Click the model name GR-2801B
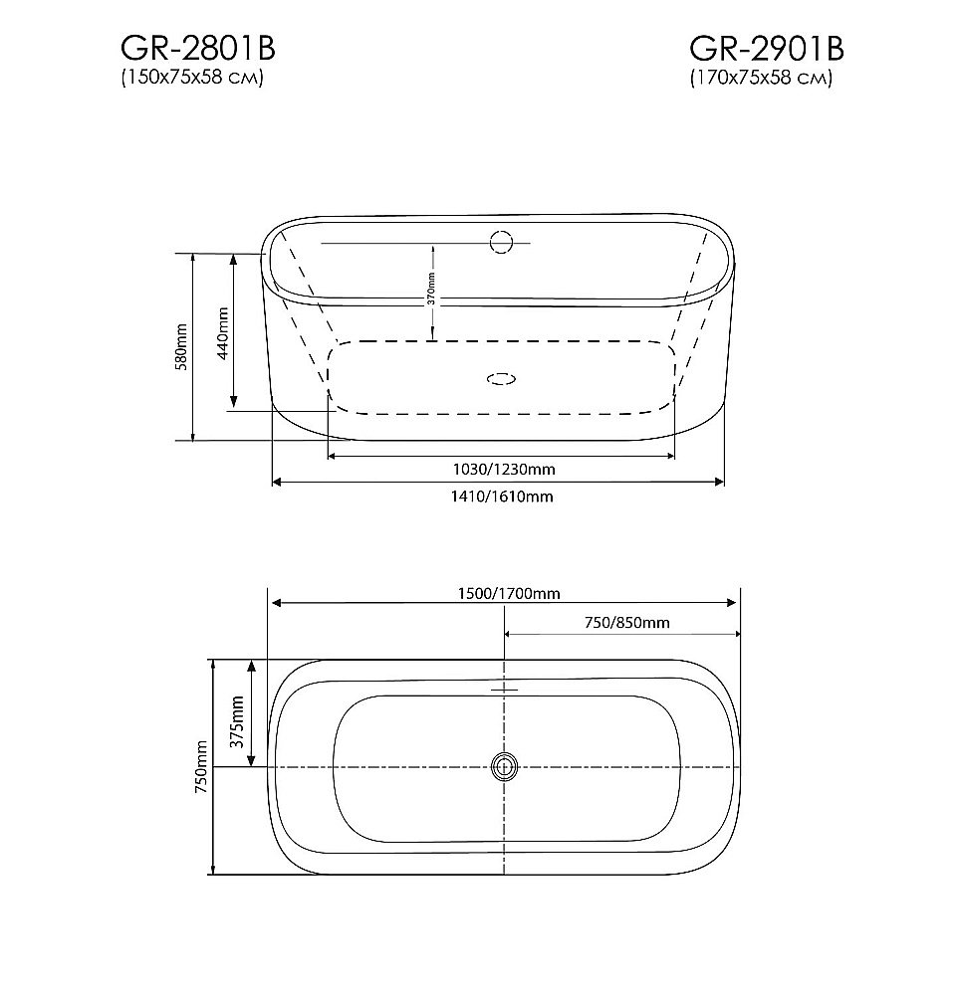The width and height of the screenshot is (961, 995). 197,48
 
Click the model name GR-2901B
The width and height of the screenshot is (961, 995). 767,48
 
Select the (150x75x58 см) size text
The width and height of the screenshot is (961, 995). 192,78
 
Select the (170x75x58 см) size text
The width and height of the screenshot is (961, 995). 761,78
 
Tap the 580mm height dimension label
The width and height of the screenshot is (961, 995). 181,347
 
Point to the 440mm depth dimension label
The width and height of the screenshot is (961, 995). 223,334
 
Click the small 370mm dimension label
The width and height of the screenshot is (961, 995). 431,290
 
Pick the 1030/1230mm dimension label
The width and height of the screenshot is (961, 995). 504,470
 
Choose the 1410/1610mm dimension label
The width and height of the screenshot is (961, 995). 502,497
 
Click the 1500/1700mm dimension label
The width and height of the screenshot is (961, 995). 509,593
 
